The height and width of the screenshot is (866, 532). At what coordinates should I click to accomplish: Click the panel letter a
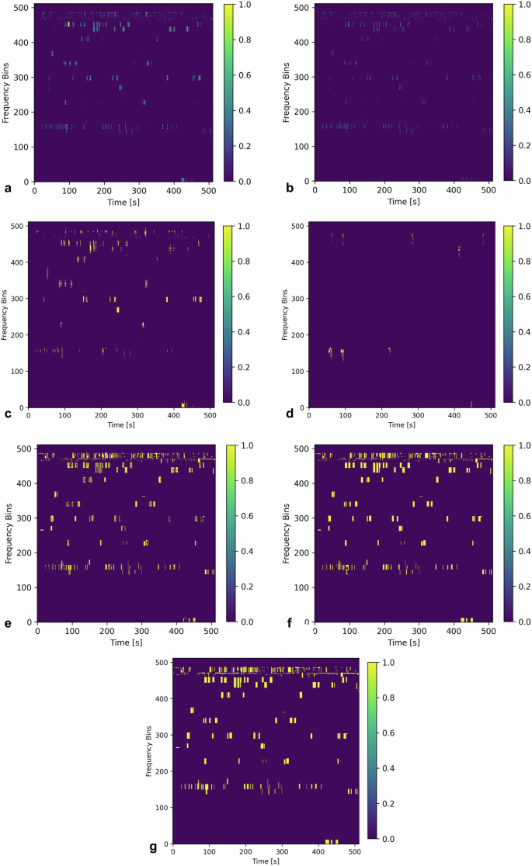point(7,188)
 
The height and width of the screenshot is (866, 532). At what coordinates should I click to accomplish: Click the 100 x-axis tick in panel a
point(69,191)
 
